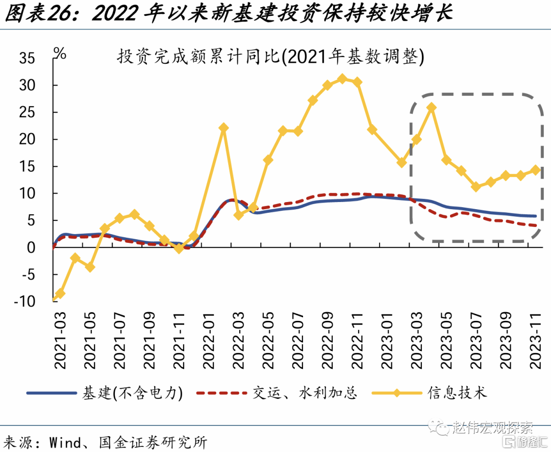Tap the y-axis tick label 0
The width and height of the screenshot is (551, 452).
[31, 247]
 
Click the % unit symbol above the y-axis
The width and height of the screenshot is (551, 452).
[60, 53]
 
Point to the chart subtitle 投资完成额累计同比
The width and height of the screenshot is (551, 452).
[199, 57]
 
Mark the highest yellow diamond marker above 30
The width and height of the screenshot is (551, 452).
[342, 79]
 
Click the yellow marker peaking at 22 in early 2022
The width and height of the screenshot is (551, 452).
[223, 128]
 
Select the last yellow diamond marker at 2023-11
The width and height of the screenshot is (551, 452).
[536, 170]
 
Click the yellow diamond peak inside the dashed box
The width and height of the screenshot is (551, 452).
[431, 107]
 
